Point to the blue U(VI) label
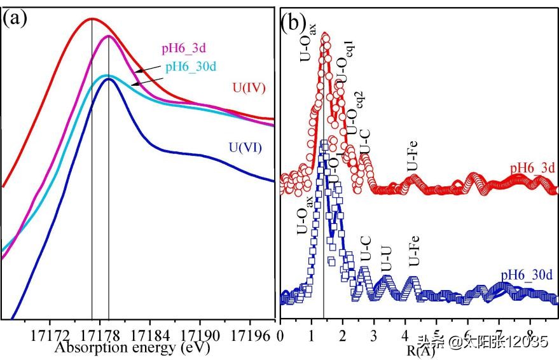coord(245,149)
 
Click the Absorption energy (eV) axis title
coord(132,348)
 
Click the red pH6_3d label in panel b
coord(532,168)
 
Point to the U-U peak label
coord(385,258)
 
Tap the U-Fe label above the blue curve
coord(414,252)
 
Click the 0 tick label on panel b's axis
coord(280,335)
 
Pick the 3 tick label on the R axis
coord(374,335)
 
